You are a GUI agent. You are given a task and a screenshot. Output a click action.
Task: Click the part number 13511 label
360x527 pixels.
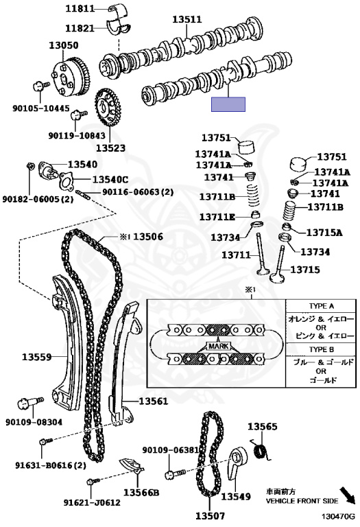(187, 19)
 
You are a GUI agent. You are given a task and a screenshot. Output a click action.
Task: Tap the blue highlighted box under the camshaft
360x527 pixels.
(228, 104)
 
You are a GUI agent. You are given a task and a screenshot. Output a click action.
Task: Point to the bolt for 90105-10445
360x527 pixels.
(40, 86)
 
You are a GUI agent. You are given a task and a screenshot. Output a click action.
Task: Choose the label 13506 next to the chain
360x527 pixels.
(147, 237)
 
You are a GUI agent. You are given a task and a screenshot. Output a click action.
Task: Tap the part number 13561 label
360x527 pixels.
(153, 401)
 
